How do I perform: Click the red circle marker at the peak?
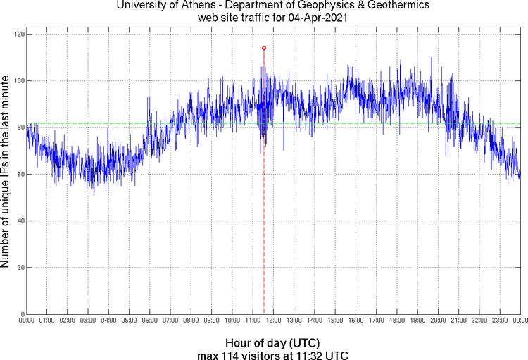pyautogui.click(x=263, y=48)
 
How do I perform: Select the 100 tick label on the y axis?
pyautogui.click(x=18, y=80)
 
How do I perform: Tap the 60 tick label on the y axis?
pyautogui.click(x=20, y=174)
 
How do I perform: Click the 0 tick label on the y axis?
pyautogui.click(x=22, y=314)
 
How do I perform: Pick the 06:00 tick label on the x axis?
pyautogui.click(x=150, y=321)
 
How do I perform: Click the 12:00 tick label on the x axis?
pyautogui.click(x=273, y=321)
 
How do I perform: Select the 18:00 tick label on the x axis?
pyautogui.click(x=397, y=321)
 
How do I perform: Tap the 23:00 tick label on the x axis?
pyautogui.click(x=500, y=321)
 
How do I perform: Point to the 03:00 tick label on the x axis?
pyautogui.click(x=88, y=321)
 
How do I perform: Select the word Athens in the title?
pyautogui.click(x=189, y=6)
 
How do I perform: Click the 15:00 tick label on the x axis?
pyautogui.click(x=335, y=321)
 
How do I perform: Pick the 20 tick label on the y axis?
pyautogui.click(x=20, y=268)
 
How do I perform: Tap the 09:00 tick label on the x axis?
pyautogui.click(x=212, y=321)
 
